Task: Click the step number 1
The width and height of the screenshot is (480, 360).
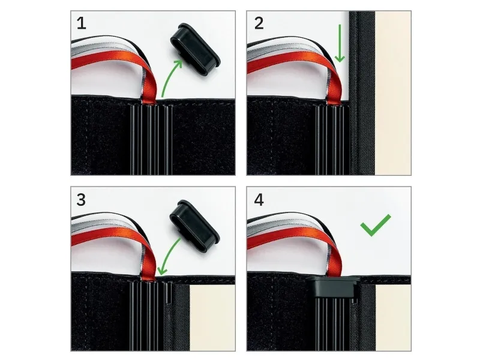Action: pos(81,23)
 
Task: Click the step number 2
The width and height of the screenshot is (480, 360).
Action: pos(259,23)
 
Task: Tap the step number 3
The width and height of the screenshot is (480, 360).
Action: pos(81,200)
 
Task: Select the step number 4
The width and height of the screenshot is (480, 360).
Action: pos(259,200)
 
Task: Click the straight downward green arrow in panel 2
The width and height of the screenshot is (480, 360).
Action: pos(340,43)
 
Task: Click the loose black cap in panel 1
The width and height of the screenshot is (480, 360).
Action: pos(194,49)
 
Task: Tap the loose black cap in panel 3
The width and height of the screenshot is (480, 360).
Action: pos(194,226)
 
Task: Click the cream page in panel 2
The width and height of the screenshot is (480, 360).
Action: pos(393,93)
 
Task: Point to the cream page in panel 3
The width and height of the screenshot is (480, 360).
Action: pos(212,318)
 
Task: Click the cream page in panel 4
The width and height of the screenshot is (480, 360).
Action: pos(393,318)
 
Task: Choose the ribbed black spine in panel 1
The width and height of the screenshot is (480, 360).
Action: pos(151,139)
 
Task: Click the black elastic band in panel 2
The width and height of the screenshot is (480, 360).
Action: pos(362,93)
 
